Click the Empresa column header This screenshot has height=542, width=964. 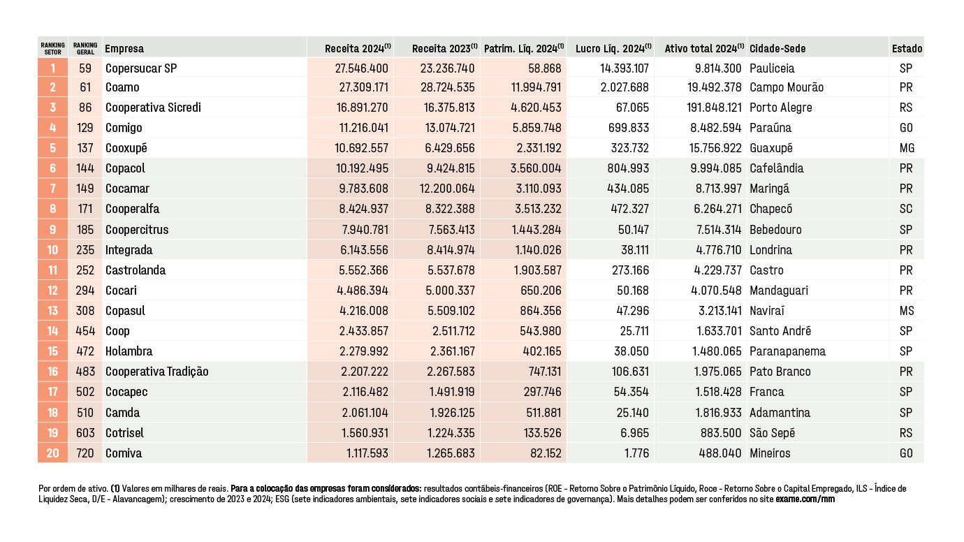tap(124, 49)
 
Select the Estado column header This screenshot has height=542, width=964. tap(907, 49)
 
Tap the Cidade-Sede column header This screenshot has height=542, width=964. tap(777, 49)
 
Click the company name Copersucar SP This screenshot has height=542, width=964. tap(140, 68)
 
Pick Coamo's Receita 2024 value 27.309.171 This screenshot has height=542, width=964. tap(364, 87)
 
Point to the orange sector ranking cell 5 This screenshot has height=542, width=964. tap(52, 148)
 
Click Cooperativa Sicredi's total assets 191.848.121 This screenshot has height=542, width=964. tap(714, 108)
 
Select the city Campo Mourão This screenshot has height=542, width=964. tap(787, 87)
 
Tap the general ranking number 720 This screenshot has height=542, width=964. tap(85, 453)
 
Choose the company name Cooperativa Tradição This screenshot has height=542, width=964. tap(156, 372)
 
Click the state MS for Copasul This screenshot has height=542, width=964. tap(907, 311)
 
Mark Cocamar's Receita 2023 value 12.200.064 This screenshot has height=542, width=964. tap(447, 189)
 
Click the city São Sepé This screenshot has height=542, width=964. tap(772, 433)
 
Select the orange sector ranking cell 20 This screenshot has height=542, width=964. tap(52, 453)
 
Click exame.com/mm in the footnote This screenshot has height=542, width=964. tap(805, 499)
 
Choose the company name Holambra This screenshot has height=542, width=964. tap(129, 351)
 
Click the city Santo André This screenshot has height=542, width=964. tap(780, 331)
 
